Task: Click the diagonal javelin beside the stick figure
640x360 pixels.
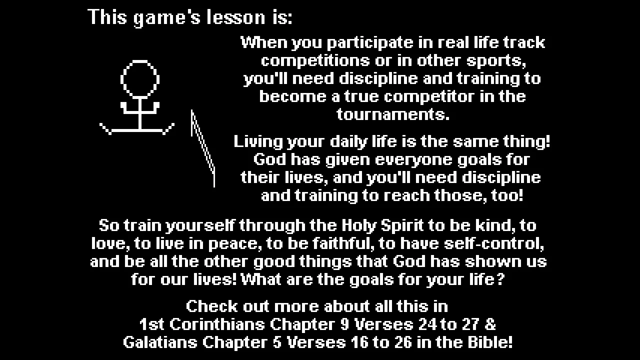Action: pyautogui.click(x=203, y=148)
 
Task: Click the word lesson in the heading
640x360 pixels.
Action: pyautogui.click(x=236, y=17)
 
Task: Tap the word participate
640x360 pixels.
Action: pyautogui.click(x=370, y=43)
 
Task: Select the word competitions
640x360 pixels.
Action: pyautogui.click(x=315, y=61)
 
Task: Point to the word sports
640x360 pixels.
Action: pyautogui.click(x=495, y=61)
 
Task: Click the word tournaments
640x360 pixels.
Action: pyautogui.click(x=393, y=114)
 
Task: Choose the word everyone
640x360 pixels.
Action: pyautogui.click(x=413, y=160)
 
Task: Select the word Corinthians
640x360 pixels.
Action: pyautogui.click(x=217, y=324)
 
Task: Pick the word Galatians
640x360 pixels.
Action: pyautogui.click(x=160, y=342)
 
